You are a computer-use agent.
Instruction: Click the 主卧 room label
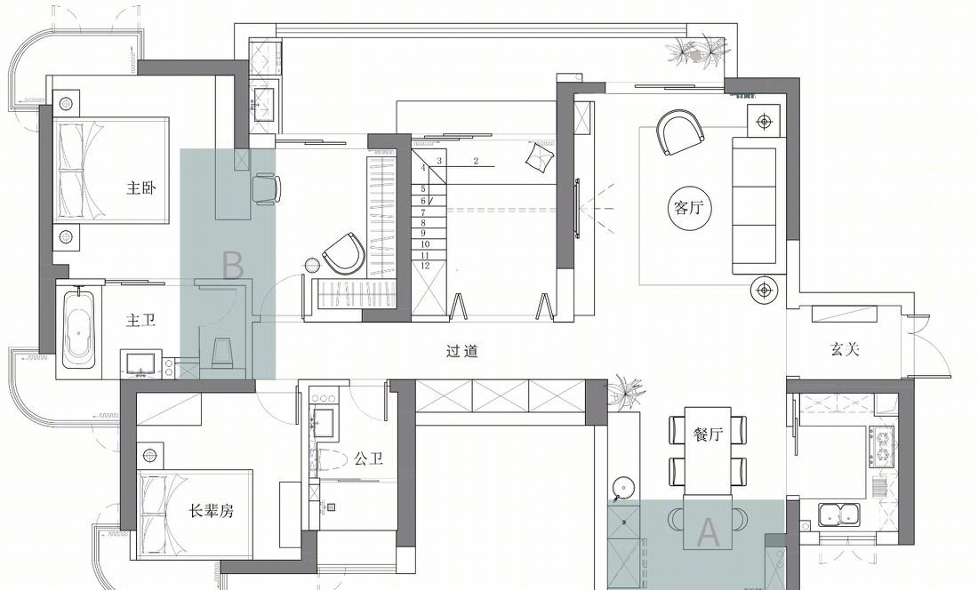click(x=141, y=187)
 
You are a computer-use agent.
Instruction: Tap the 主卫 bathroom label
click(x=141, y=320)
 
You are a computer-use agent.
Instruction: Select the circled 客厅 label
click(x=688, y=207)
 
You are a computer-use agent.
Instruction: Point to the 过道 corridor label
click(x=462, y=351)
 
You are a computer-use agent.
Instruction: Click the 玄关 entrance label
click(x=846, y=349)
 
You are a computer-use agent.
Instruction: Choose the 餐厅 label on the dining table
click(x=708, y=434)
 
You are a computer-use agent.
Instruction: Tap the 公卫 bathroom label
click(x=369, y=459)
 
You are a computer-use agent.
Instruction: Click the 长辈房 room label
click(x=212, y=511)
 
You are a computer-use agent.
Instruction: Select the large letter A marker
click(x=708, y=532)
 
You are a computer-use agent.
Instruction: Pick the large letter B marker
click(x=233, y=266)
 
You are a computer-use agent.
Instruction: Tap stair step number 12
click(x=425, y=266)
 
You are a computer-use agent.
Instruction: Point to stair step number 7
click(x=423, y=212)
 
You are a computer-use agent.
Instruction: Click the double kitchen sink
click(x=839, y=514)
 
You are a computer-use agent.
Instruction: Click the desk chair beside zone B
click(x=267, y=188)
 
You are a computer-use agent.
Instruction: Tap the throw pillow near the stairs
click(x=541, y=157)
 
